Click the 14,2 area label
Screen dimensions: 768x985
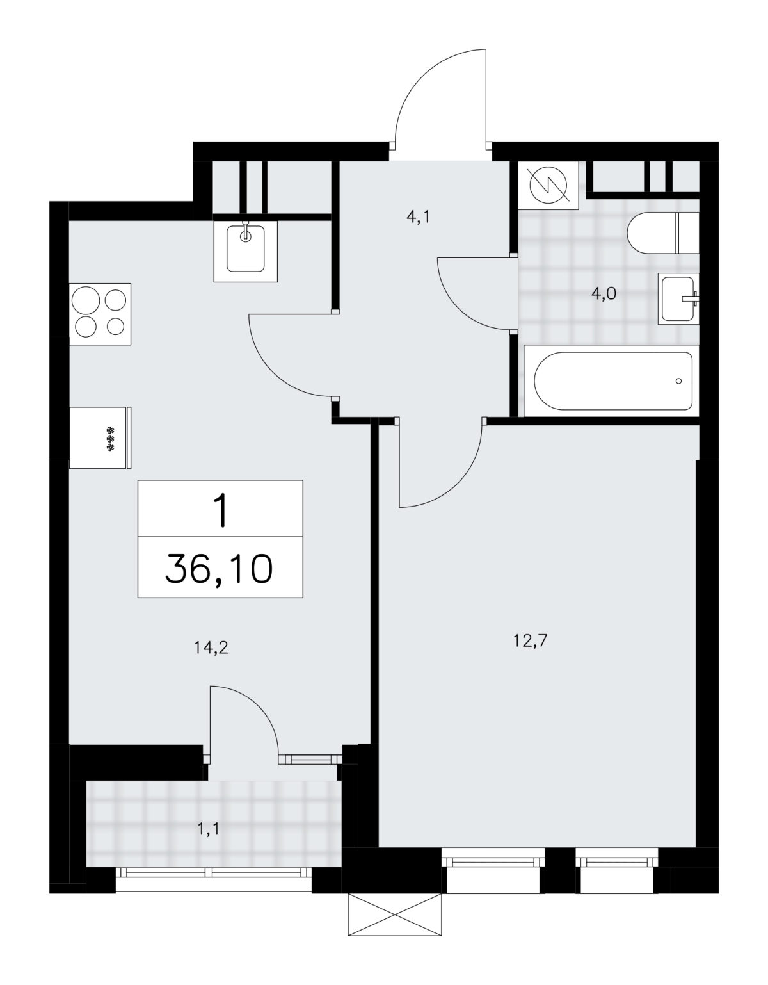211,648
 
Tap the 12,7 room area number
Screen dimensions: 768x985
531,641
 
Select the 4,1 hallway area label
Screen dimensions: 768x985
417,218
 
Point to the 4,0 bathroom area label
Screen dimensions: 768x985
604,294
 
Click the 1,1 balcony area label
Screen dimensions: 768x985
208,829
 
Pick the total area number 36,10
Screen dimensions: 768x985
219,569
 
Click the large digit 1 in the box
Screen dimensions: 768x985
221,511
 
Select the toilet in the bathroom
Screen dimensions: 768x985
663,233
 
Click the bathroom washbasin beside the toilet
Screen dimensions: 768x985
678,298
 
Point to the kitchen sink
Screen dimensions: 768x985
245,251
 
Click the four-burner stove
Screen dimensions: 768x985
100,314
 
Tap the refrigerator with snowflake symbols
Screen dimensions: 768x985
100,437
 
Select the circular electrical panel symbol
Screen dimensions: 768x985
548,185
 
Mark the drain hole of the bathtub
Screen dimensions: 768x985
678,381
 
